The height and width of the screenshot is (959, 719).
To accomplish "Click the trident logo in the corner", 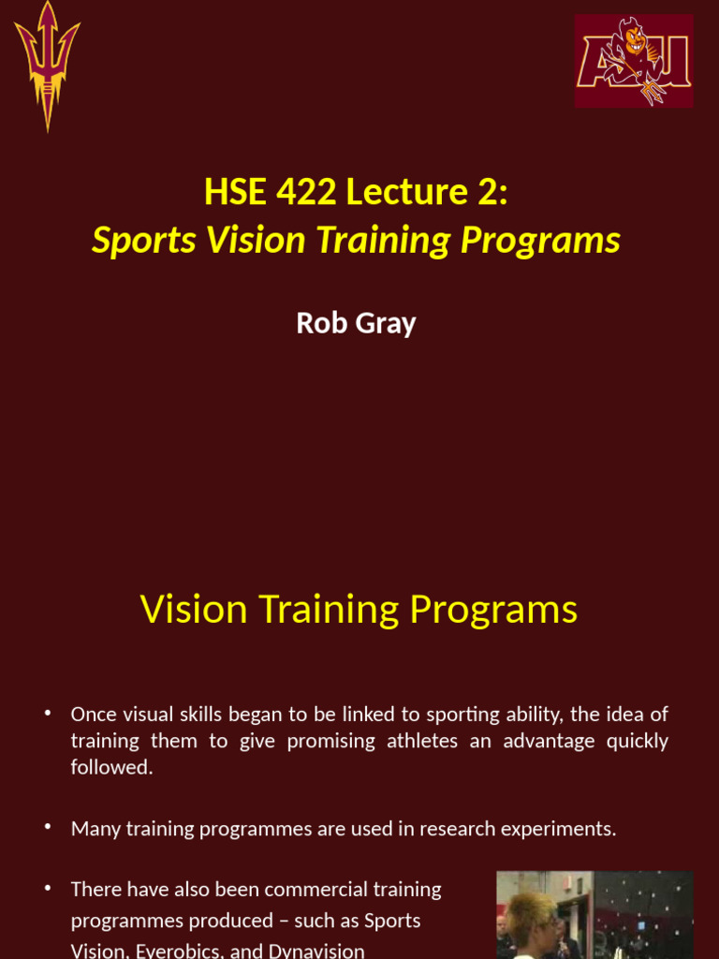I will click(x=47, y=65).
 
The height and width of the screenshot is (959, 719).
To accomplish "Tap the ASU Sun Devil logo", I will click(x=634, y=61).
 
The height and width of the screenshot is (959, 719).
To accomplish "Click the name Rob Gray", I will click(x=356, y=323).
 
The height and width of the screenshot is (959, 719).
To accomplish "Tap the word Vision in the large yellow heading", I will click(x=194, y=610).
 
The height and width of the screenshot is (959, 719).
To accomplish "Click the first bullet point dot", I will click(x=48, y=715).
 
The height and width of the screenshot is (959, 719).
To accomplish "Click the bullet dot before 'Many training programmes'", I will click(x=48, y=829).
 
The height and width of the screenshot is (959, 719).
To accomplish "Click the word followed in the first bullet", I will click(x=110, y=767).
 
